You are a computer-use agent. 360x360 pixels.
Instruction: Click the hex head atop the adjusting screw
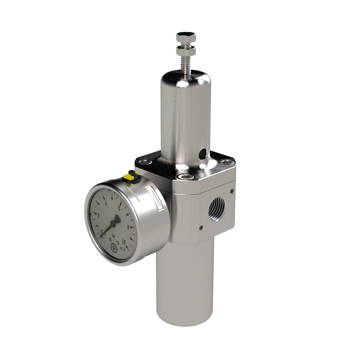coord(184,37)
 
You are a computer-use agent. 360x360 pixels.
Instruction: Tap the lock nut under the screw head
coord(184,50)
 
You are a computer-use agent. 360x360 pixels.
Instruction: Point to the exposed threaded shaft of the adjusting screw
coord(184,63)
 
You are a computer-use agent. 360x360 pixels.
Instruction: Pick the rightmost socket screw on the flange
coord(225,163)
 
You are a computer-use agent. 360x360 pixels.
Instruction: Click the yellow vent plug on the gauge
coord(130,177)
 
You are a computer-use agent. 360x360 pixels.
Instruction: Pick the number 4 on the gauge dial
coord(106,202)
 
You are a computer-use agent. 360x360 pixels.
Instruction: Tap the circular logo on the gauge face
coord(113,245)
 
